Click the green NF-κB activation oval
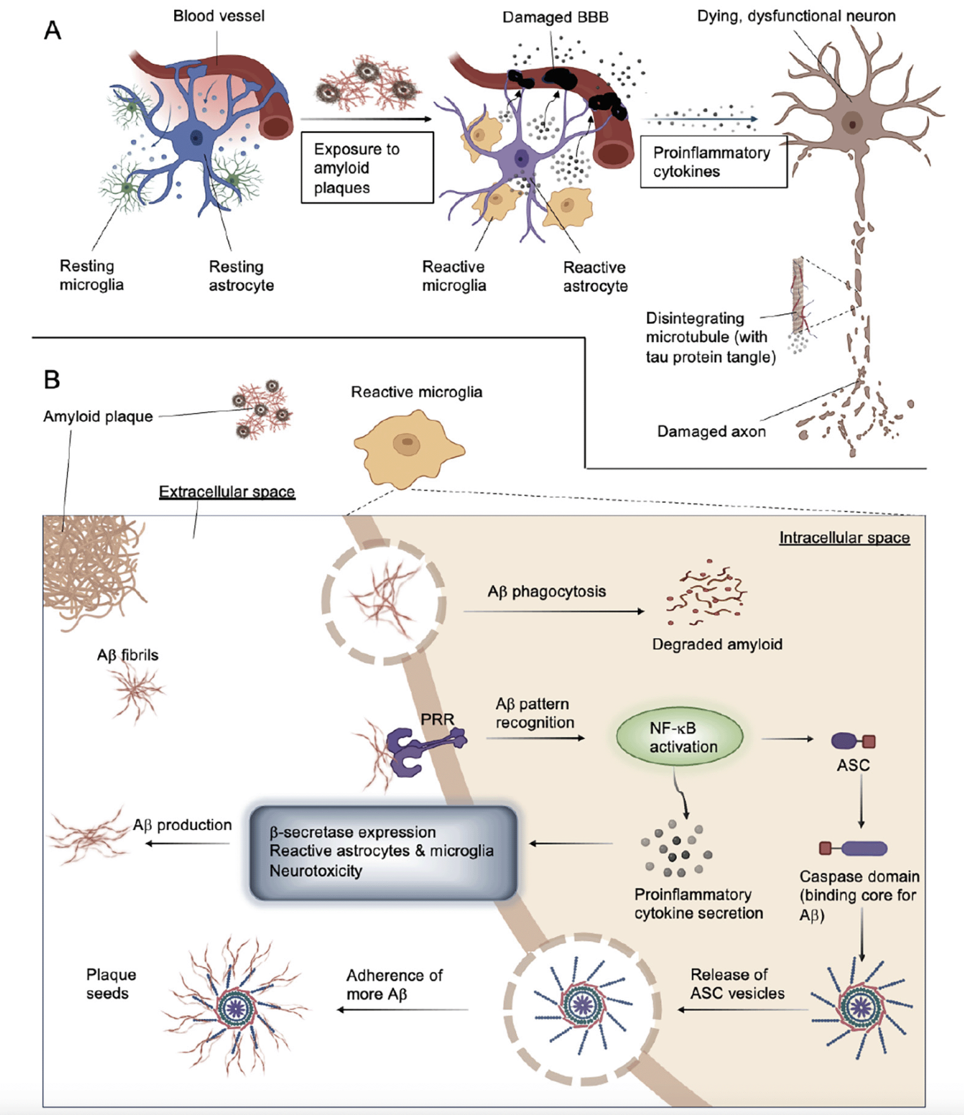679,737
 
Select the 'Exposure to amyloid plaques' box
367,167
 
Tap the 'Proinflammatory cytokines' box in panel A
714,161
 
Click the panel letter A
53,31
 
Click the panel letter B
52,379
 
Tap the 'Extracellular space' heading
227,491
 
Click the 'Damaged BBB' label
556,17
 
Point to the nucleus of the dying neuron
852,124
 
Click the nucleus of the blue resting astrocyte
195,138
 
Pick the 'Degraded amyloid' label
718,644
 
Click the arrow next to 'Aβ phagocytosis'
554,611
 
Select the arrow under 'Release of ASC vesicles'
743,1009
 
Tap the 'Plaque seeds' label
111,984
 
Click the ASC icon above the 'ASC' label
853,742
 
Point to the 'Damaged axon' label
712,431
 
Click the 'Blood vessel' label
219,16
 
